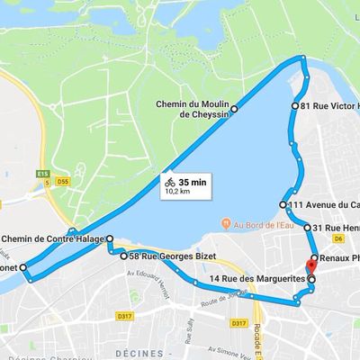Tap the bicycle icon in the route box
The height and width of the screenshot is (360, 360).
(x=170, y=181)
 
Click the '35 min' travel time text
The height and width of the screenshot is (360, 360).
(x=192, y=181)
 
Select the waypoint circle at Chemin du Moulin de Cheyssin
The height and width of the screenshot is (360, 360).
(x=234, y=109)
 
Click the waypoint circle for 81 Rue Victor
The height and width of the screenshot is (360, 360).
(x=295, y=106)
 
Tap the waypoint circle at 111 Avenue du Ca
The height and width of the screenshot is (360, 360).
(x=287, y=202)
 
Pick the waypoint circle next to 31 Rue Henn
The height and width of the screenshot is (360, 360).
(x=308, y=228)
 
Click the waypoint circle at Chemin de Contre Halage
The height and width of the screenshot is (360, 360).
(x=109, y=238)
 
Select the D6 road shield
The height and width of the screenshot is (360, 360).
(x=337, y=239)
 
